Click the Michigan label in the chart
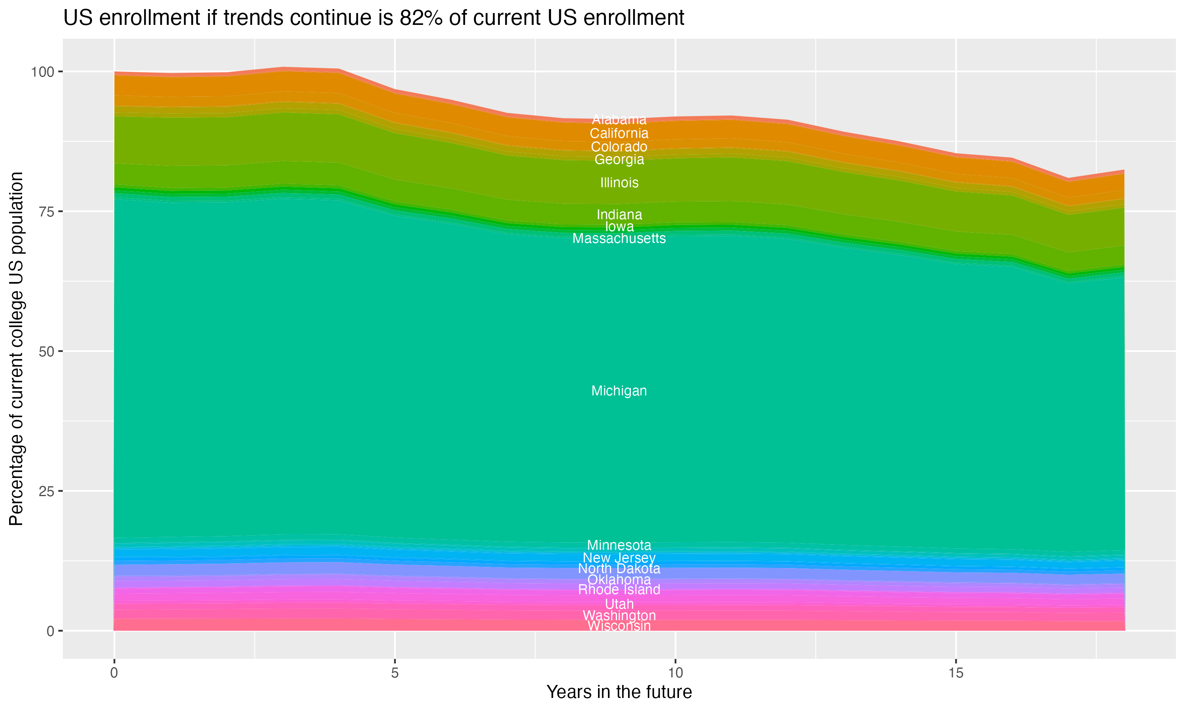coord(619,391)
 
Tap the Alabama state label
coord(619,119)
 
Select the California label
coord(619,133)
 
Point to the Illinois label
coord(619,182)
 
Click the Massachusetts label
coord(619,238)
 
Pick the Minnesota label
coord(619,545)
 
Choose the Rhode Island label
coord(619,589)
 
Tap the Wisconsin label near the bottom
coord(619,626)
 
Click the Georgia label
coord(619,160)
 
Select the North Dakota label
coord(619,569)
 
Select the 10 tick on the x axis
coord(675,673)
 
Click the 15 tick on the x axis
coord(956,673)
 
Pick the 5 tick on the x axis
coord(395,673)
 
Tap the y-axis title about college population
coord(16,349)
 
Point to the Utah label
coord(619,604)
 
